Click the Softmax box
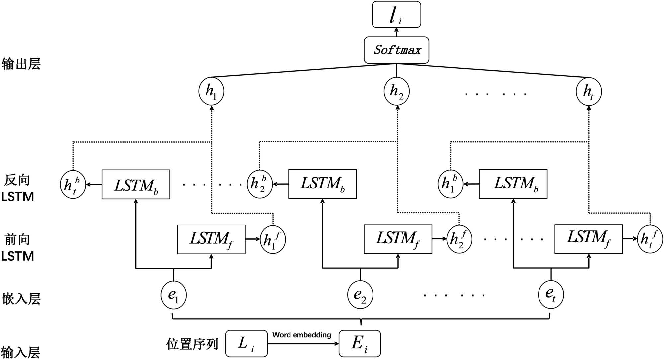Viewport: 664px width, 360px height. coord(396,50)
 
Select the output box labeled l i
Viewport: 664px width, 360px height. coord(396,15)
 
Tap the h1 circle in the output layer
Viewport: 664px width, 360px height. coord(211,91)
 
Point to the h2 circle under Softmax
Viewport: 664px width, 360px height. coord(397,91)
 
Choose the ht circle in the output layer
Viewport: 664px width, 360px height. coord(589,91)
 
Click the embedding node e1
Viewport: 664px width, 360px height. coord(174,295)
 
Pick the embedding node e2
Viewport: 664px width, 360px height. coord(360,295)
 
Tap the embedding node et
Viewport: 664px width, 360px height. coord(551,294)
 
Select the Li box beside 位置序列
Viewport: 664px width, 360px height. coord(246,343)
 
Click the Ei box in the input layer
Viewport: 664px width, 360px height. coord(360,343)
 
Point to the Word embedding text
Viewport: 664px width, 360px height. coord(302,335)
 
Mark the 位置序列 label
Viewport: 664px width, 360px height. coord(192,344)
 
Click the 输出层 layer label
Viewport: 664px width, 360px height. coord(21,64)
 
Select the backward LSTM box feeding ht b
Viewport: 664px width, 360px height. coord(136,185)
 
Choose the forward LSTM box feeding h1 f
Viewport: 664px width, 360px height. coord(211,239)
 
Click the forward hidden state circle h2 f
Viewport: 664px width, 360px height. coord(459,239)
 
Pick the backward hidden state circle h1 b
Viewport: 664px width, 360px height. coord(450,184)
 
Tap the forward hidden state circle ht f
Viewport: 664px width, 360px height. coord(650,239)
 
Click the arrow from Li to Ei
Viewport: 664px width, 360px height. coord(303,344)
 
